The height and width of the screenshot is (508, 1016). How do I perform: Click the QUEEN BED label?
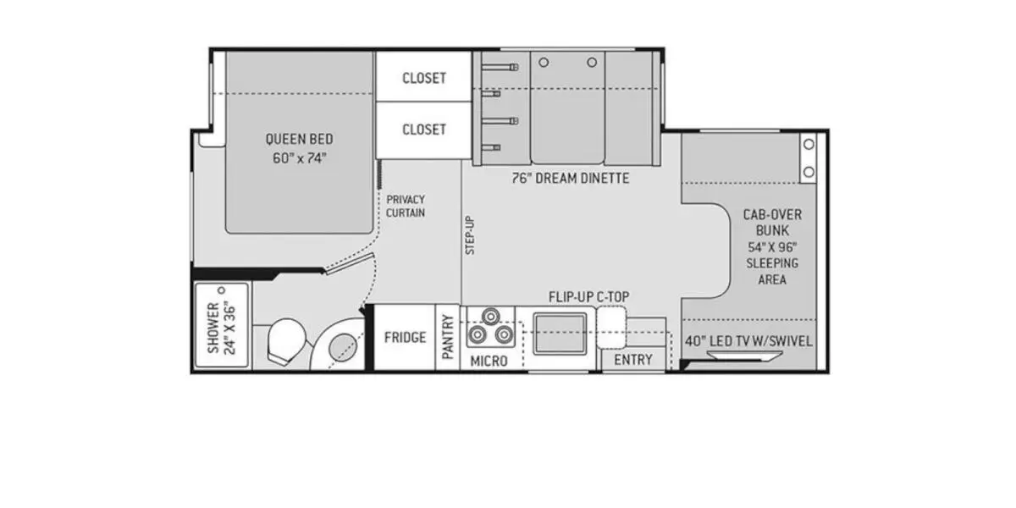[x=300, y=138]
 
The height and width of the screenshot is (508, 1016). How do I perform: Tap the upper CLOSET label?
[x=424, y=78]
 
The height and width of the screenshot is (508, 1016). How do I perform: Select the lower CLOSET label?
[x=424, y=130]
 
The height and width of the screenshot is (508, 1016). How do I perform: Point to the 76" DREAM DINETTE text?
[x=571, y=179]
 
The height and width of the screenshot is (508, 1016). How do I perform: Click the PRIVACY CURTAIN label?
[x=406, y=206]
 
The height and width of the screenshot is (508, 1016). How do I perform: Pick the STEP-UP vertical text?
[x=470, y=235]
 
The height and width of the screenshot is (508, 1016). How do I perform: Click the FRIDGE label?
[x=405, y=338]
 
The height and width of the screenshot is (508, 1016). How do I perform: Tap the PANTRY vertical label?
[x=448, y=337]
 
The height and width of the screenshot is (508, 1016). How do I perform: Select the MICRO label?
[x=489, y=361]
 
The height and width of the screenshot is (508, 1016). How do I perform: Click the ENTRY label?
[x=633, y=360]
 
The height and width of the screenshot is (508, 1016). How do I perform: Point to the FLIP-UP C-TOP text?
[x=588, y=297]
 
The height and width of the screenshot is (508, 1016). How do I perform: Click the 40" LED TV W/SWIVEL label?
[x=748, y=341]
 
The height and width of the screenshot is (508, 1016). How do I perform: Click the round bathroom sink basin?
[x=343, y=347]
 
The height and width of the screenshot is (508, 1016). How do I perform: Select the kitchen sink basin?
[x=560, y=334]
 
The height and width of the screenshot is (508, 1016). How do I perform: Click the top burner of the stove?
[x=490, y=316]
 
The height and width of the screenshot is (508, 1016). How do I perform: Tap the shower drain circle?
[x=221, y=290]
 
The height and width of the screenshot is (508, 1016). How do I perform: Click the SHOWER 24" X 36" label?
[x=222, y=328]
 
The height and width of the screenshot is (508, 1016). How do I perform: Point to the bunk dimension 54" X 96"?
[x=772, y=247]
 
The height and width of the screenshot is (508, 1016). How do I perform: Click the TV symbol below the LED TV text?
[x=738, y=356]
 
